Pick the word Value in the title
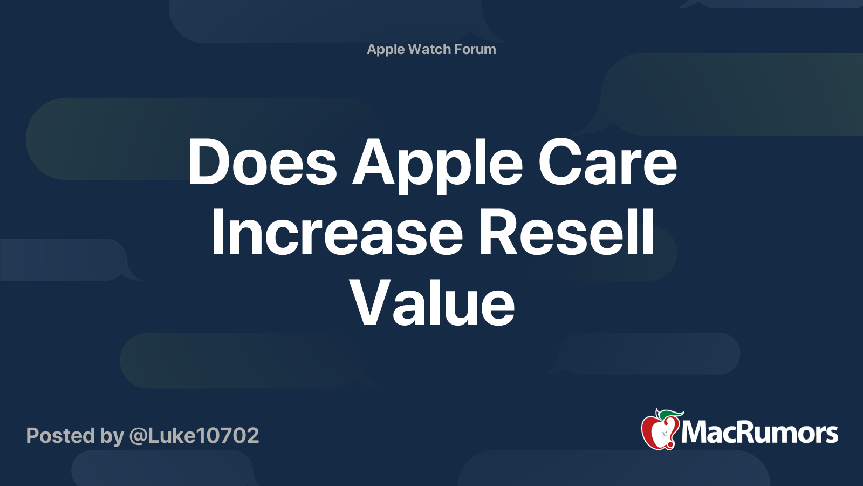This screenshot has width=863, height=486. pos(432,303)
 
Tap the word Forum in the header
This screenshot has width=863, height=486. pos(475,49)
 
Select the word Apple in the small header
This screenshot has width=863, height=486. pos(386,50)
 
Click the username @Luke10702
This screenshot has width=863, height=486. pos(194,435)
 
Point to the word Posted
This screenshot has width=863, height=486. pos(60,435)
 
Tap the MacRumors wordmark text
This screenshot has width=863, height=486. pos(759,433)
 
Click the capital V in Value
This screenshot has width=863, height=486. pos(369,303)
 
